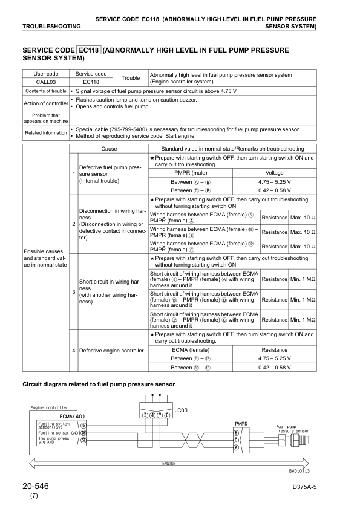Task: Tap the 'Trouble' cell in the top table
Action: pyautogui.click(x=131, y=78)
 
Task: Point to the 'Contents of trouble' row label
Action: pyautogui.click(x=45, y=91)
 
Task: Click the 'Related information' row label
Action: pyautogui.click(x=45, y=132)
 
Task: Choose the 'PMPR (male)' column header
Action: pyautogui.click(x=191, y=172)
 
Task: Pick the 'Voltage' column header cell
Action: pyautogui.click(x=274, y=172)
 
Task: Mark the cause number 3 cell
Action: pyautogui.click(x=74, y=293)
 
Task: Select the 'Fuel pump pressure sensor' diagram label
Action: pyautogui.click(x=292, y=429)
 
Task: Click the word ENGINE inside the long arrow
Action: pyautogui.click(x=169, y=463)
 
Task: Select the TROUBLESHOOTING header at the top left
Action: pyautogui.click(x=51, y=27)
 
